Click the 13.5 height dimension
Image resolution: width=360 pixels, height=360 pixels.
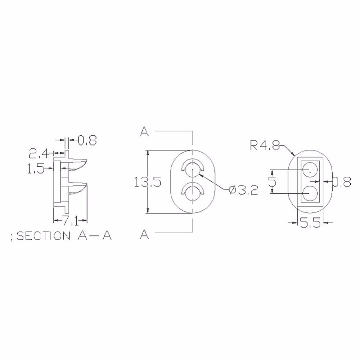[x=148, y=182]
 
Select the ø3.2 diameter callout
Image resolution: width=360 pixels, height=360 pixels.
[x=244, y=190]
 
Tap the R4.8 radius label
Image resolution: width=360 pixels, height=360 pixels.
[x=265, y=145]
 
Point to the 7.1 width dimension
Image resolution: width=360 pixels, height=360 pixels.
[x=70, y=221]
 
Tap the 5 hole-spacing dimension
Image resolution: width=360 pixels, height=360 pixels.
[x=272, y=181]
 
